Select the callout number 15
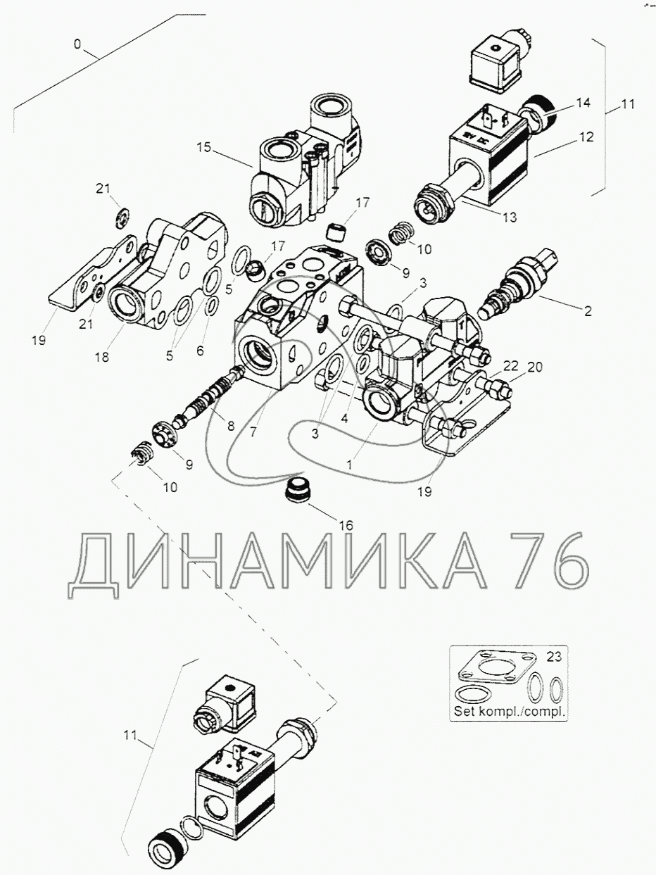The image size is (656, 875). click(x=203, y=149)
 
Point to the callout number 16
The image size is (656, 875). click(x=346, y=524)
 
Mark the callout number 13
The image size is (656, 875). click(x=510, y=218)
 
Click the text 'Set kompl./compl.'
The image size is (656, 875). click(x=510, y=711)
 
